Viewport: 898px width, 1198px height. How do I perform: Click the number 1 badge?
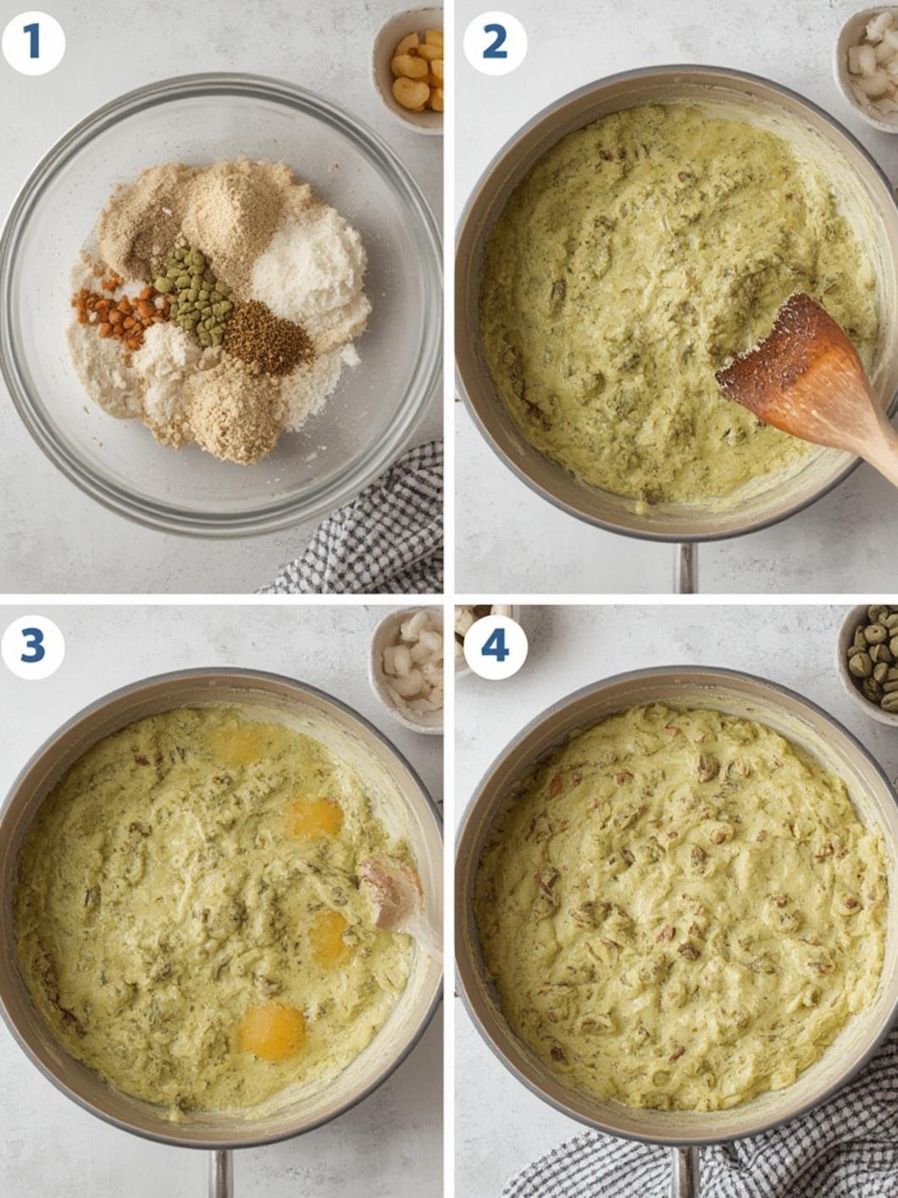click(x=32, y=42)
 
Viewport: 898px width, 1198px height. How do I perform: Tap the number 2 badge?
click(x=495, y=42)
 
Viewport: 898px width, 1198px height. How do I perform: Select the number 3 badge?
click(x=32, y=646)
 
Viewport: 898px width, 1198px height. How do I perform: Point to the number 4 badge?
click(x=495, y=646)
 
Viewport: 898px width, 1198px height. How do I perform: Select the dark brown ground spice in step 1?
click(x=267, y=337)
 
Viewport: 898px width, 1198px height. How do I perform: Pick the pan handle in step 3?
click(x=220, y=1173)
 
